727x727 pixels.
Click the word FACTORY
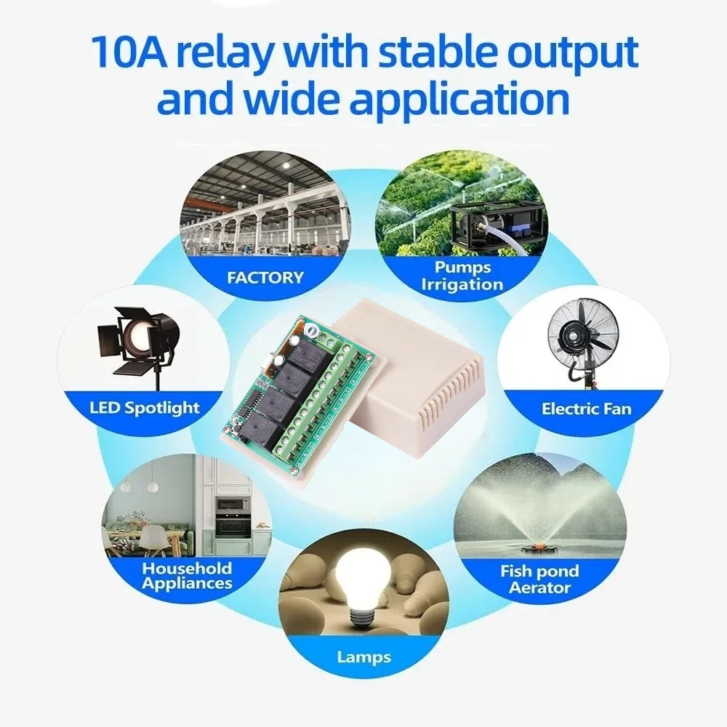(265, 278)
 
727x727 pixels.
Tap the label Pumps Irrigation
(462, 276)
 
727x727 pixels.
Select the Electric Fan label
(587, 409)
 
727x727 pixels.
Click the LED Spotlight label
(145, 408)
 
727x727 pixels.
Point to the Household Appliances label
(188, 575)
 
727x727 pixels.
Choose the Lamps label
(364, 657)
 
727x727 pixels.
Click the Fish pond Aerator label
(539, 579)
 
